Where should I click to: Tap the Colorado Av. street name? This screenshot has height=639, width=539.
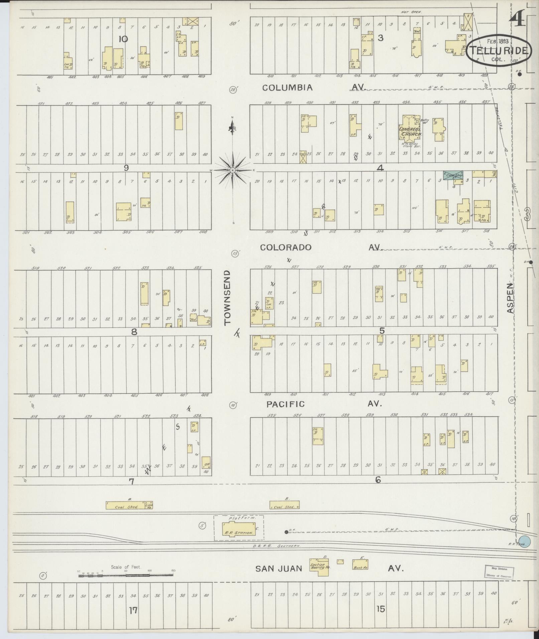pos(321,247)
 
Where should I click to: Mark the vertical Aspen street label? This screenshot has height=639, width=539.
pos(510,298)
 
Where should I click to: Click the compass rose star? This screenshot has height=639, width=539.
pos(233,170)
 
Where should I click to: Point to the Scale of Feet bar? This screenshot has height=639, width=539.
pos(125,575)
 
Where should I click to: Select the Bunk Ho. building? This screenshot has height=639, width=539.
pos(360,565)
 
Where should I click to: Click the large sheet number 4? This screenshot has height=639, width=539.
pos(517,22)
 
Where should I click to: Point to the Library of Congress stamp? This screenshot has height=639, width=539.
pos(499,572)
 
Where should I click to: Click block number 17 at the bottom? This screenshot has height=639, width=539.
pos(133,610)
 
